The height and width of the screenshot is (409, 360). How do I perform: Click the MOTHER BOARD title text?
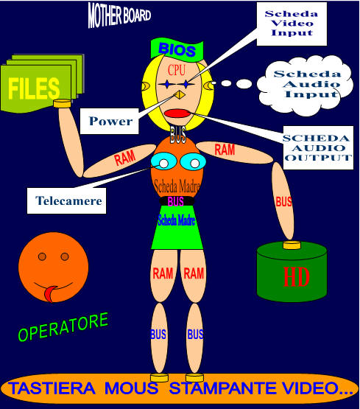[x=119, y=15]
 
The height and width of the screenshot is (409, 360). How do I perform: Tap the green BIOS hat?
[x=177, y=49]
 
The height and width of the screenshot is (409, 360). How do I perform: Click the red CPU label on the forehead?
[x=177, y=70]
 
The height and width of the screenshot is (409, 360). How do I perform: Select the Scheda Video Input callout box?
[x=292, y=24]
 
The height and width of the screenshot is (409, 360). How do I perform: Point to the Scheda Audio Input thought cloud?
[x=306, y=85]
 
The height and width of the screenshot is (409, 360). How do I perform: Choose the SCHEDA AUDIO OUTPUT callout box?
[x=318, y=148]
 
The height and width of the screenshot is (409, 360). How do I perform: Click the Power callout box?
[x=110, y=122]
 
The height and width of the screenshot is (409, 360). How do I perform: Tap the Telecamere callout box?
[x=67, y=200]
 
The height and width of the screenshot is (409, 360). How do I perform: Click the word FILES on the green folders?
[x=34, y=88]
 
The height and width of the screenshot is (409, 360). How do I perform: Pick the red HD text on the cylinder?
[x=297, y=277]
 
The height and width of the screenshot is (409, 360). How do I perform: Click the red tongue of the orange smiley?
[x=50, y=293]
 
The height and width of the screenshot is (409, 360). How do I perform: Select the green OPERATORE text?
[x=63, y=327]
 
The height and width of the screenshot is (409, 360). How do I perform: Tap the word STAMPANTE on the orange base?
[x=223, y=388]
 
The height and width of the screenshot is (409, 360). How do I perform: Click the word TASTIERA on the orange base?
[x=52, y=388]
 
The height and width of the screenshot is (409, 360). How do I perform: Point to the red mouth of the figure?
[x=177, y=113]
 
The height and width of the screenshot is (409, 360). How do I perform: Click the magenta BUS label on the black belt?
[x=175, y=202]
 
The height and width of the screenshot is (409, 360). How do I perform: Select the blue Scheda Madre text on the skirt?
[x=177, y=220]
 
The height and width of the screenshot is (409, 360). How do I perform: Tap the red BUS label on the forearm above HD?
[x=283, y=202]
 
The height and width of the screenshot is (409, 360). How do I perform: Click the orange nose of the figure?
[x=180, y=95]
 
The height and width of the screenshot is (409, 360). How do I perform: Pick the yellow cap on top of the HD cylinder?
[x=292, y=245]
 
